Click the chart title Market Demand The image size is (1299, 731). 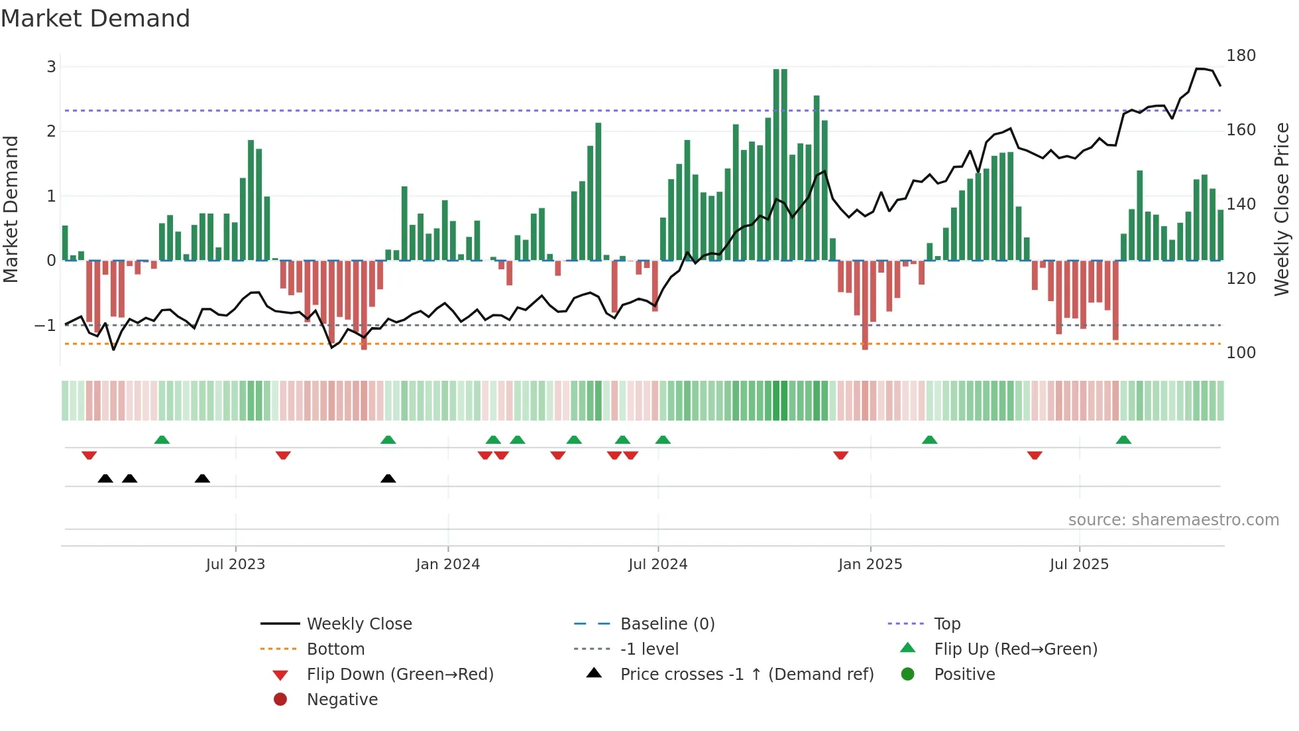(x=95, y=18)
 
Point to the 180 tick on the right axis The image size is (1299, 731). (x=1241, y=55)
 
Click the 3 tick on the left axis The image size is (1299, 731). (x=51, y=66)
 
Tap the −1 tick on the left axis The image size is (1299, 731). (x=45, y=325)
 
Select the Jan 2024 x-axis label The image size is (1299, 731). (x=447, y=564)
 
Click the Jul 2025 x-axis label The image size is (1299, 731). (x=1078, y=564)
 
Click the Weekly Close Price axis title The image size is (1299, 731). (x=1282, y=209)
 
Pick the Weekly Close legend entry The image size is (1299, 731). (x=359, y=624)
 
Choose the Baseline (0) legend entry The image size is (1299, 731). (x=667, y=624)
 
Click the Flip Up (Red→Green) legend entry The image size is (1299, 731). (x=1015, y=649)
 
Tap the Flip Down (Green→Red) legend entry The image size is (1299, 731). (x=400, y=674)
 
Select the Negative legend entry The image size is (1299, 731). (x=342, y=699)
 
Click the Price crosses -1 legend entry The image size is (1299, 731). (x=746, y=674)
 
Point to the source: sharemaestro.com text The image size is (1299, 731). (x=1173, y=519)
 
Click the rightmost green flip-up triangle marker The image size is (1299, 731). (x=1123, y=440)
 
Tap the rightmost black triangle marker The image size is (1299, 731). (x=388, y=478)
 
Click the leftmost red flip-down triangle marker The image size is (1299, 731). (x=89, y=455)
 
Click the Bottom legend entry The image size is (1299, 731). (x=335, y=649)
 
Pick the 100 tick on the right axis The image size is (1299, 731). (x=1241, y=352)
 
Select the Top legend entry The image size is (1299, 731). (x=946, y=624)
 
